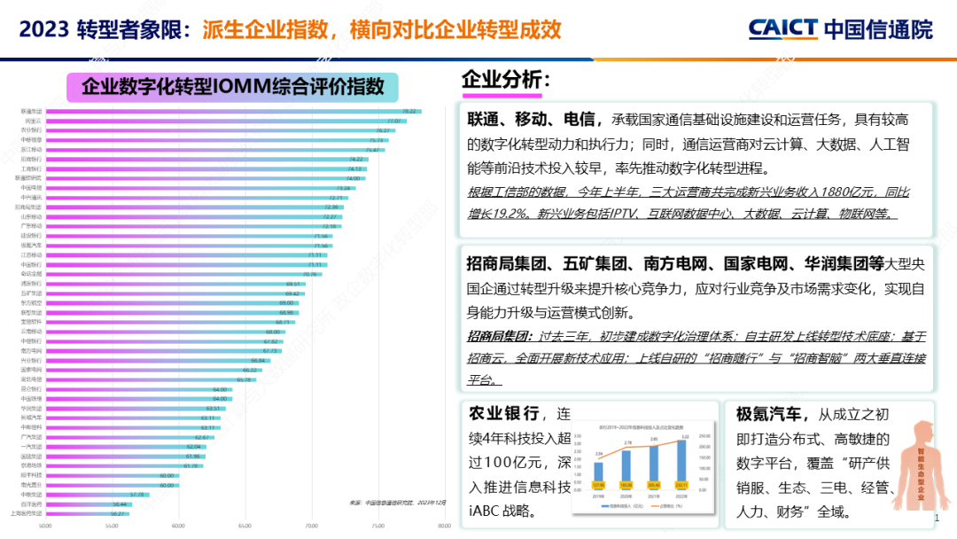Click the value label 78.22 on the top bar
pyautogui.click(x=409, y=111)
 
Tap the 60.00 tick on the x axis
pyautogui.click(x=178, y=525)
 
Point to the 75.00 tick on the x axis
pyautogui.click(x=377, y=525)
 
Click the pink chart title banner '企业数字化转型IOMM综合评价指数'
pyautogui.click(x=232, y=87)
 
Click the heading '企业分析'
pyautogui.click(x=505, y=80)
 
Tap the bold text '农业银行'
pyautogui.click(x=503, y=414)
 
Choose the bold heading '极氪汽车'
pyautogui.click(x=768, y=414)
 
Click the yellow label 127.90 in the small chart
pyautogui.click(x=598, y=485)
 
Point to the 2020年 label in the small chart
pyautogui.click(x=626, y=496)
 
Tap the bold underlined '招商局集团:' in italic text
pyautogui.click(x=499, y=337)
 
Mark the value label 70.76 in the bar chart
pyautogui.click(x=310, y=274)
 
